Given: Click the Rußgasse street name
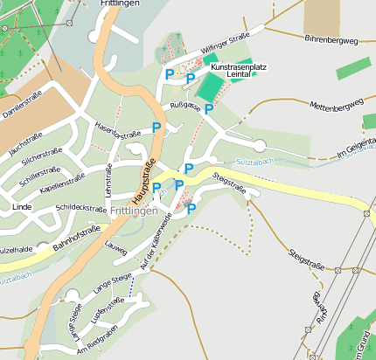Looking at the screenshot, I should (185, 108).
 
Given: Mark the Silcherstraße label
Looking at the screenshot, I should (39, 158).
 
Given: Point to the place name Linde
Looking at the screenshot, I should (22, 207).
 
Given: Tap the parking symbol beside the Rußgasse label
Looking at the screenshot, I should (209, 108).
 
